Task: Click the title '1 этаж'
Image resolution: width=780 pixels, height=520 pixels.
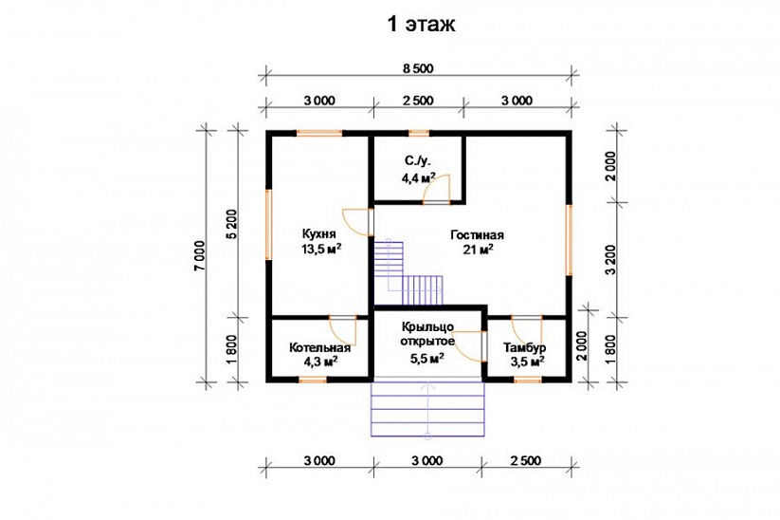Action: point(421,24)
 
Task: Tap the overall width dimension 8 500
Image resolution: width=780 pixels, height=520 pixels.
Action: point(418,68)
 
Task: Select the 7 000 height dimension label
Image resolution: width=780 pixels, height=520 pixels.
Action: point(200,256)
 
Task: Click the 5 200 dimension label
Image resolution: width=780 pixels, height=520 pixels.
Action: point(232,225)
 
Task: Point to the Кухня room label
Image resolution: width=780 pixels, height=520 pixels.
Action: point(318,234)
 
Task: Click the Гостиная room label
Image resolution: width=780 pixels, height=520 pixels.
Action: point(477,234)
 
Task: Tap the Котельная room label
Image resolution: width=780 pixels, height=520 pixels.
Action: point(319,347)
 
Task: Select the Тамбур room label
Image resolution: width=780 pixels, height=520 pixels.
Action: point(524,347)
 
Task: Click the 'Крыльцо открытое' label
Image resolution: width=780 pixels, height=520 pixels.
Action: point(427,334)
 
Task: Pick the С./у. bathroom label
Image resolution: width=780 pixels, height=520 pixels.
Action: point(417,161)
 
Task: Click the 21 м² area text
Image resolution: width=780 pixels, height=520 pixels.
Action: point(478,249)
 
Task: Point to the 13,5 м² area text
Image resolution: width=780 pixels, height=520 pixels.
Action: point(321,249)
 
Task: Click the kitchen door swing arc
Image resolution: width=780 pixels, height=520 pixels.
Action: point(356,222)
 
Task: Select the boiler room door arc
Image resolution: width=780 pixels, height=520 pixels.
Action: point(343,331)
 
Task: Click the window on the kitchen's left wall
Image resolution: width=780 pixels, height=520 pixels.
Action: point(268,224)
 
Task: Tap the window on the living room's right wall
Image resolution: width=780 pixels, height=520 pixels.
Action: point(569,239)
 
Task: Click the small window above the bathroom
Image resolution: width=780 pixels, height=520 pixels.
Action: point(419,133)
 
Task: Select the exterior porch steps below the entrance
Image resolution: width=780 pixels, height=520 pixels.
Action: point(427,409)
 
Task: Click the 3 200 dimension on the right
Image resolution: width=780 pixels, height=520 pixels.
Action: point(612,259)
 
